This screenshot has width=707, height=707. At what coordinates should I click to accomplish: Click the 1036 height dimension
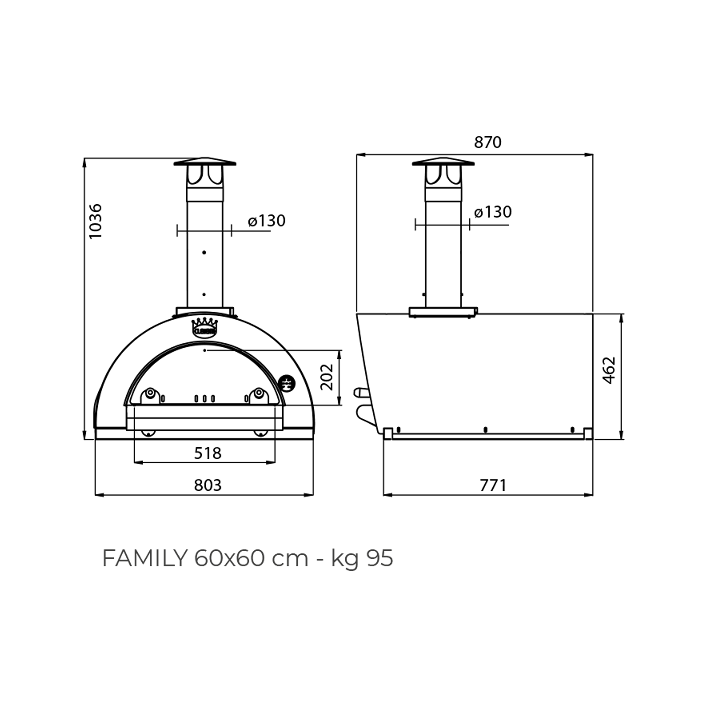95,221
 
